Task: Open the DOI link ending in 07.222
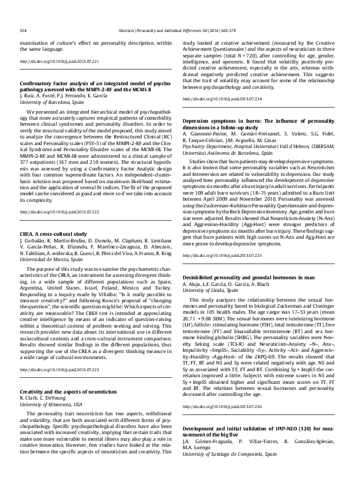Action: pyautogui.click(x=59, y=196)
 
